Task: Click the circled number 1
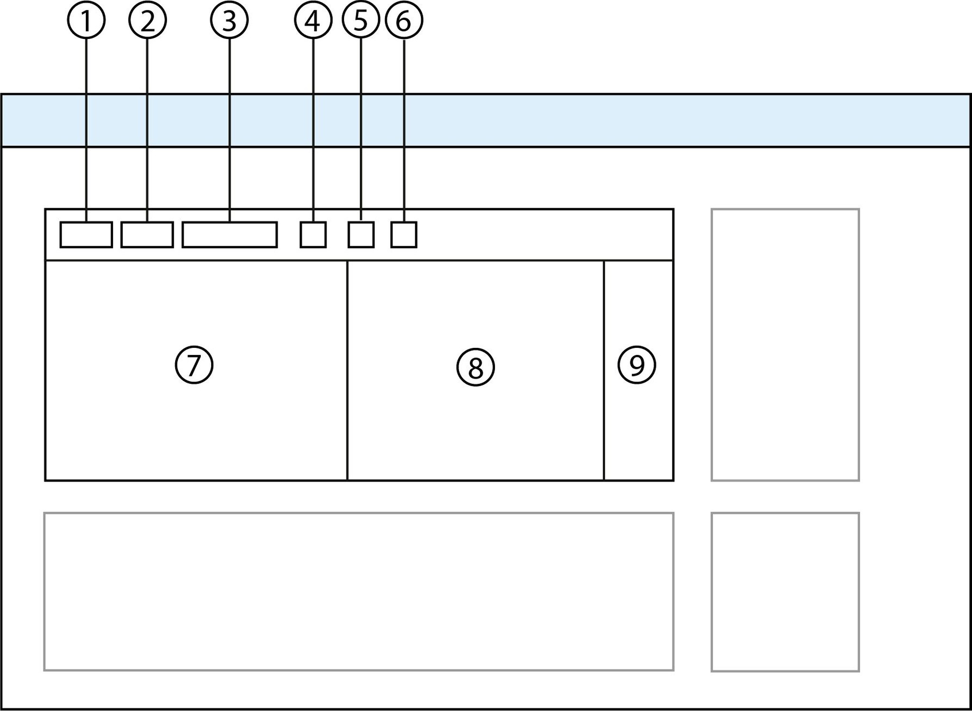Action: click(86, 20)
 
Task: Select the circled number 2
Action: click(147, 20)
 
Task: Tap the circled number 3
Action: click(229, 20)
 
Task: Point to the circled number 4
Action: click(313, 20)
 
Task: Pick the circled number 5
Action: click(361, 20)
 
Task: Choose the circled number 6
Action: click(404, 20)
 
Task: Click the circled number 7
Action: click(194, 365)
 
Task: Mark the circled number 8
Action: click(476, 367)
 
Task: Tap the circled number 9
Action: click(636, 365)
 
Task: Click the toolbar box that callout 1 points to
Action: click(86, 235)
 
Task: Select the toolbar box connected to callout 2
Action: click(147, 235)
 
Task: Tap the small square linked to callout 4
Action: click(313, 235)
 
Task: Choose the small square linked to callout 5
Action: click(361, 235)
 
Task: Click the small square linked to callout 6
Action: click(404, 235)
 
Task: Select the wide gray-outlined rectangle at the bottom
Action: click(359, 591)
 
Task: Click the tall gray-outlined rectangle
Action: click(785, 345)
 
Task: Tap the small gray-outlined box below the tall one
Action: click(785, 592)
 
